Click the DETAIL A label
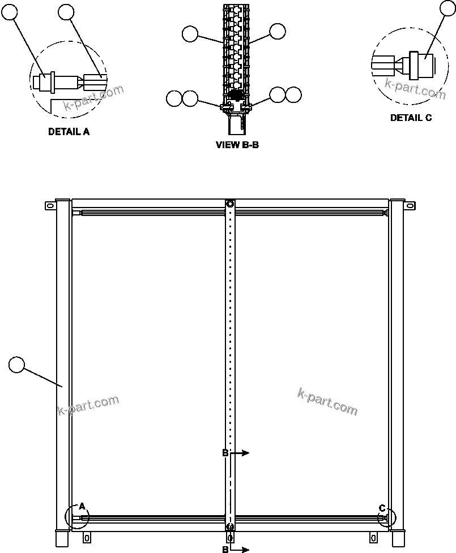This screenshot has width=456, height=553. (69, 132)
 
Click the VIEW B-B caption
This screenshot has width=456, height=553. (237, 145)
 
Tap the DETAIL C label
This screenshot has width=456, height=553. (411, 118)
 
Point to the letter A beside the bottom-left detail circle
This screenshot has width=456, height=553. (82, 506)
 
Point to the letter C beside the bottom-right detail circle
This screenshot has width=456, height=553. (382, 507)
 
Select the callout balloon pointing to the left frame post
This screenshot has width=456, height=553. (17, 365)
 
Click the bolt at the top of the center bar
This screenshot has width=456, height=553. (230, 204)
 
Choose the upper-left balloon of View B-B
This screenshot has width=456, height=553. (190, 34)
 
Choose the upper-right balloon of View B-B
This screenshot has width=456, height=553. (278, 32)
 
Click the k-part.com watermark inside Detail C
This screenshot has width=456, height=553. (415, 89)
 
